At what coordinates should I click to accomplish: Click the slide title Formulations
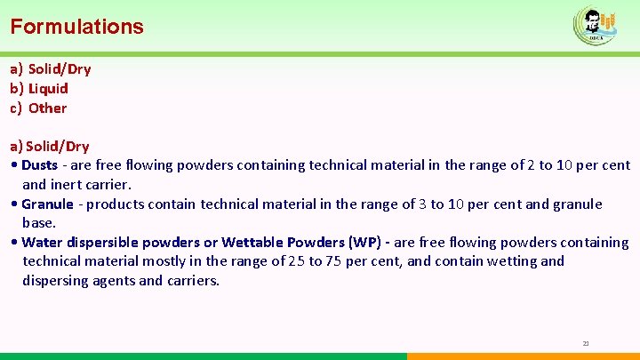tap(76, 27)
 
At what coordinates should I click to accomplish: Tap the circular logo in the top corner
tap(595, 25)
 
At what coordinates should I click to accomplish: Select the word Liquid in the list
tap(48, 88)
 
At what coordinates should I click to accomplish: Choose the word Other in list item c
tap(47, 108)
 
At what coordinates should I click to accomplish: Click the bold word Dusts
tap(39, 164)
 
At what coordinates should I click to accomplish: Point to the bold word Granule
tap(47, 204)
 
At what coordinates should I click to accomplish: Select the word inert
tap(69, 184)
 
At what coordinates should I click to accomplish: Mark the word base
tap(39, 222)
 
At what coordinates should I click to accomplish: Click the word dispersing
tap(57, 281)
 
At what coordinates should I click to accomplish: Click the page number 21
tap(586, 343)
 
